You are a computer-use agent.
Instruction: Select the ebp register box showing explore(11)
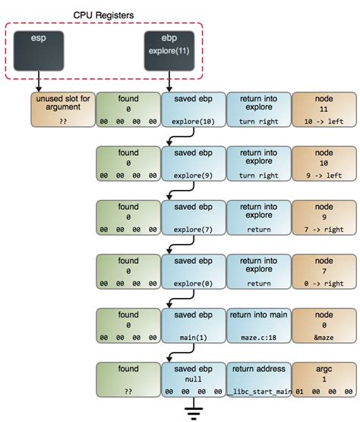click(169, 51)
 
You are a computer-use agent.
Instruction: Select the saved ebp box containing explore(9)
click(193, 163)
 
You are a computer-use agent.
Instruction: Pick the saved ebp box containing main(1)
click(193, 325)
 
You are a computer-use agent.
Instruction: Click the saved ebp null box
click(193, 379)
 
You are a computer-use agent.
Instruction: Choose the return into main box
click(259, 325)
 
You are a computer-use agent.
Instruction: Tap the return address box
click(259, 379)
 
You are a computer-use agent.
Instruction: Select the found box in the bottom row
click(128, 379)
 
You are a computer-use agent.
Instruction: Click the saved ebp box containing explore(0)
click(193, 271)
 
